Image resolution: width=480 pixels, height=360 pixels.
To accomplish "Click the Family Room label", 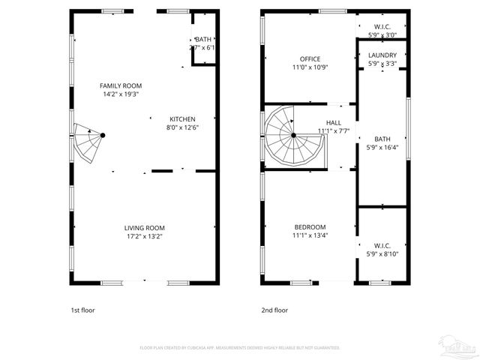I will coord(121,86).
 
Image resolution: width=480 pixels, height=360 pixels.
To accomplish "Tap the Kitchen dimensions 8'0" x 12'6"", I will coord(182,127).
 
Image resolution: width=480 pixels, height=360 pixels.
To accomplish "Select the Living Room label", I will coord(144,228).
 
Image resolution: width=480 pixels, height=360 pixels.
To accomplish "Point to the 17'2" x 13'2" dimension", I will coord(144,236).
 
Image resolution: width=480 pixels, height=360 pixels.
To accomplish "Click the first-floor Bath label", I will coord(203,39).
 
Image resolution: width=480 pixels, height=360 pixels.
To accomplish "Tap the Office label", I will coord(310,59).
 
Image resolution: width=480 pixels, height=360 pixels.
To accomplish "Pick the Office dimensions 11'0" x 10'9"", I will coord(310,67).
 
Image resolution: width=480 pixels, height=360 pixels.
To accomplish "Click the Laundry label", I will coord(382,55).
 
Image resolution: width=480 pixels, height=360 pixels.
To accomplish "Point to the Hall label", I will coord(333,123).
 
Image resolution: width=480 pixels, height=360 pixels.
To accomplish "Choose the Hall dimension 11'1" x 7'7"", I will coord(333,131).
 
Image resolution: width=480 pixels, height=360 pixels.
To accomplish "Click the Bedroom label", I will coord(310,227).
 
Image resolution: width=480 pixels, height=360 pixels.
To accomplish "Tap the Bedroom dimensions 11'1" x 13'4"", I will coord(310,235).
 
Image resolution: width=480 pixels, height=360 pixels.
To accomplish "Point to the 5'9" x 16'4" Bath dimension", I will coord(382,147).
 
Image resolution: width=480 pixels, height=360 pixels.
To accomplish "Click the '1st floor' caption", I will coord(82,310).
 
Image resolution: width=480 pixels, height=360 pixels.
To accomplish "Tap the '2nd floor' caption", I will coord(274,310).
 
